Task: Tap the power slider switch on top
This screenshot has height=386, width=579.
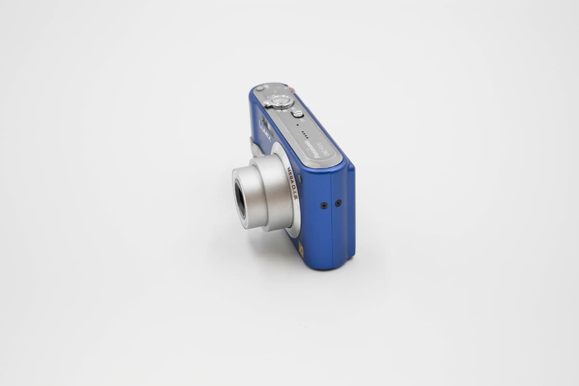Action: pyautogui.click(x=297, y=114)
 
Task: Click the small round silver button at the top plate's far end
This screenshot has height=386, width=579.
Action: pyautogui.click(x=260, y=88)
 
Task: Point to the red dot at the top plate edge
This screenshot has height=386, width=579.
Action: pyautogui.click(x=291, y=89)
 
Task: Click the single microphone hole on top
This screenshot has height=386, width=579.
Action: pyautogui.click(x=298, y=125)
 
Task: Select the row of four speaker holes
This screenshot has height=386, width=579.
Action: pyautogui.click(x=305, y=135)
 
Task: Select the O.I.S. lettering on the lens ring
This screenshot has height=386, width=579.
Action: pyautogui.click(x=296, y=193)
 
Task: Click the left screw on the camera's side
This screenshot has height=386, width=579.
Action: pyautogui.click(x=324, y=205)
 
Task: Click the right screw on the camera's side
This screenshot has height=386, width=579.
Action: pyautogui.click(x=338, y=203)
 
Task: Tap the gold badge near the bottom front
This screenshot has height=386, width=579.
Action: pyautogui.click(x=301, y=250)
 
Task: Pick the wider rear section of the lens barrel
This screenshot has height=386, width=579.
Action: pyautogui.click(x=278, y=192)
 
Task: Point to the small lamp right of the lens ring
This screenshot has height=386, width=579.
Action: pyautogui.click(x=300, y=179)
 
